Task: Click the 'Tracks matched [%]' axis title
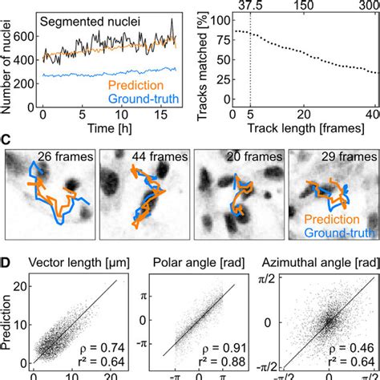[212, 57]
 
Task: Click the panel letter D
[6, 260]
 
